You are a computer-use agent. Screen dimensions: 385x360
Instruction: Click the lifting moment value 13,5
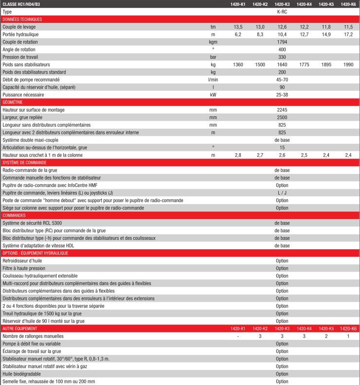tap(238, 27)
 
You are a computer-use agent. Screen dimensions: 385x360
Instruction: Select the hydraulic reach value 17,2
tap(348, 35)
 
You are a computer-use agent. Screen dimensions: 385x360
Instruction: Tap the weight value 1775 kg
tap(304, 65)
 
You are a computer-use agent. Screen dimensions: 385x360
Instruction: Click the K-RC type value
tap(282, 11)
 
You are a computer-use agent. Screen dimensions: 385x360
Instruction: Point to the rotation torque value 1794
tap(282, 42)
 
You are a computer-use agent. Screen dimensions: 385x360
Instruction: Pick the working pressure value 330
tap(282, 57)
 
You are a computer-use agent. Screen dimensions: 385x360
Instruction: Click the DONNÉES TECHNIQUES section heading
tap(22, 19)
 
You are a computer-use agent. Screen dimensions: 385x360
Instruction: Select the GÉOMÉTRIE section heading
tap(13, 102)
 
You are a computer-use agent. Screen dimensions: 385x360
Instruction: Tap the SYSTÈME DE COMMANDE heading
tap(24, 163)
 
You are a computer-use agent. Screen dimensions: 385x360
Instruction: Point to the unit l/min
tap(213, 80)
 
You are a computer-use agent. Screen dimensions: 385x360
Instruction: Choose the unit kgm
tap(213, 42)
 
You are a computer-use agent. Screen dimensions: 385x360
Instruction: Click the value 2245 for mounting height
tap(282, 110)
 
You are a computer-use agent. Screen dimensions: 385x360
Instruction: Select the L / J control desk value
tap(282, 193)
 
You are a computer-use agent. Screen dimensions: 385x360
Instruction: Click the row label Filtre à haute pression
tap(24, 268)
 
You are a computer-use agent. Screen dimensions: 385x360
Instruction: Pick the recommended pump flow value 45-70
tap(282, 80)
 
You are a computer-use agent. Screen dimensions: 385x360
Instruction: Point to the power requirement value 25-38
tap(282, 95)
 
